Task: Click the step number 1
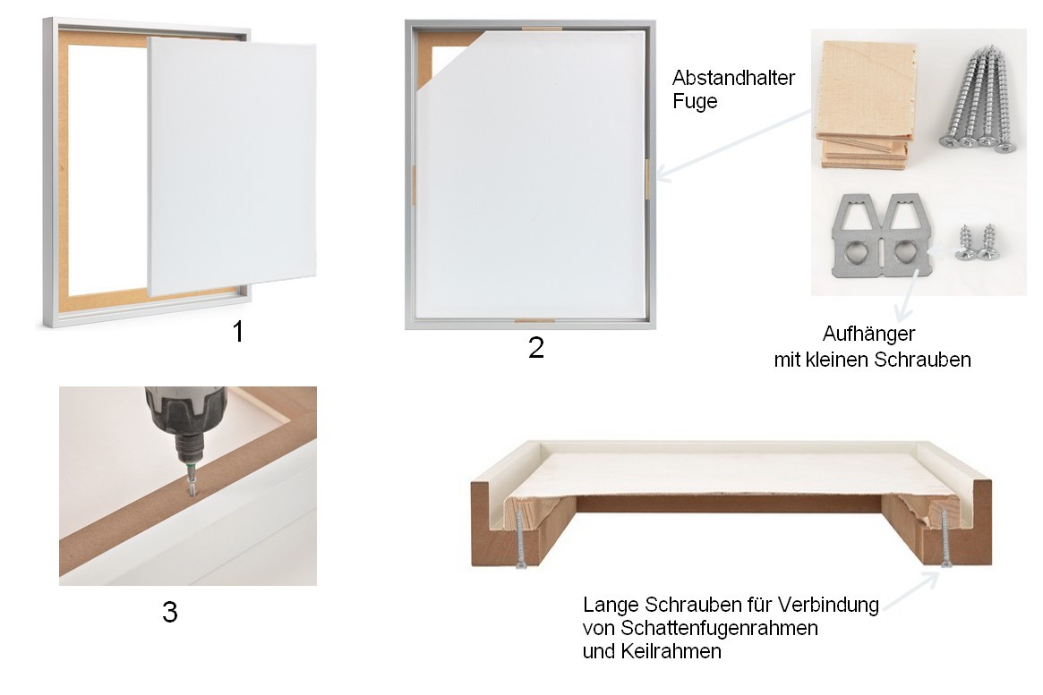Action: [238, 331]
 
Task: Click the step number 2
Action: [536, 347]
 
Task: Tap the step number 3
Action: [169, 612]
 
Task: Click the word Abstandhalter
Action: [734, 78]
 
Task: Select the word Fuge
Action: [695, 102]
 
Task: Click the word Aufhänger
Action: [868, 334]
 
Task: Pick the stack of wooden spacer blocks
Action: [866, 105]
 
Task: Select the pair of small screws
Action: [976, 242]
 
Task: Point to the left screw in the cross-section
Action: [521, 538]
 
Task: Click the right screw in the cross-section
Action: [944, 538]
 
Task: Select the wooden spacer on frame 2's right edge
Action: [646, 179]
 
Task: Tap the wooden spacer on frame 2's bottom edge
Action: [534, 320]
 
